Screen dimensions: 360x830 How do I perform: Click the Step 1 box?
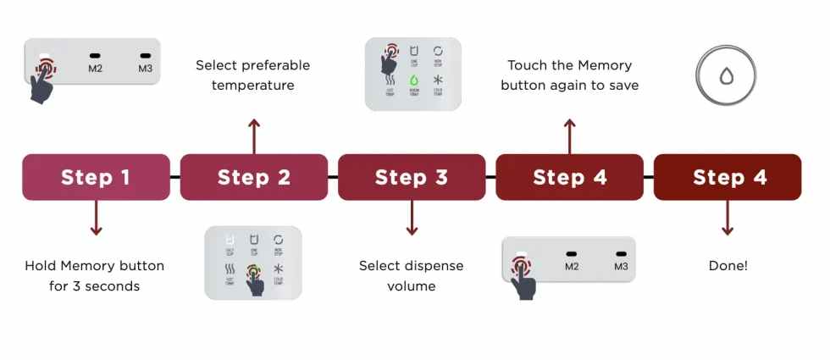tap(96, 177)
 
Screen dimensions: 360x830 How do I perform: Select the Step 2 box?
tap(254, 177)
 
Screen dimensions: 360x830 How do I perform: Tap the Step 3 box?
tap(412, 177)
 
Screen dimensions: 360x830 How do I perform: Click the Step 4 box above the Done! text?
tap(728, 177)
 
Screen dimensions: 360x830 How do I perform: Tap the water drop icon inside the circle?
tap(727, 75)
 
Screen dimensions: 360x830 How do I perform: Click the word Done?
tap(728, 266)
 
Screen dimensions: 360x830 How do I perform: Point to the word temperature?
tap(252, 86)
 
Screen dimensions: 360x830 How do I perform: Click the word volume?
tap(411, 286)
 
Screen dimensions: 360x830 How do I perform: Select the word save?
tap(622, 86)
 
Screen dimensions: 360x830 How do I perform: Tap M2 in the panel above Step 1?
tap(95, 68)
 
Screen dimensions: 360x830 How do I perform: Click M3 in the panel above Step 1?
tap(145, 68)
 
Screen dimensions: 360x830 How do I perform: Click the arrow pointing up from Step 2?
tap(254, 136)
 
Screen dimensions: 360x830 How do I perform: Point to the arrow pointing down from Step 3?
tap(412, 218)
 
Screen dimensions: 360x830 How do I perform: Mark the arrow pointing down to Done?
tap(728, 218)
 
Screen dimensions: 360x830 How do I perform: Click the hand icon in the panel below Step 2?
tap(255, 283)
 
